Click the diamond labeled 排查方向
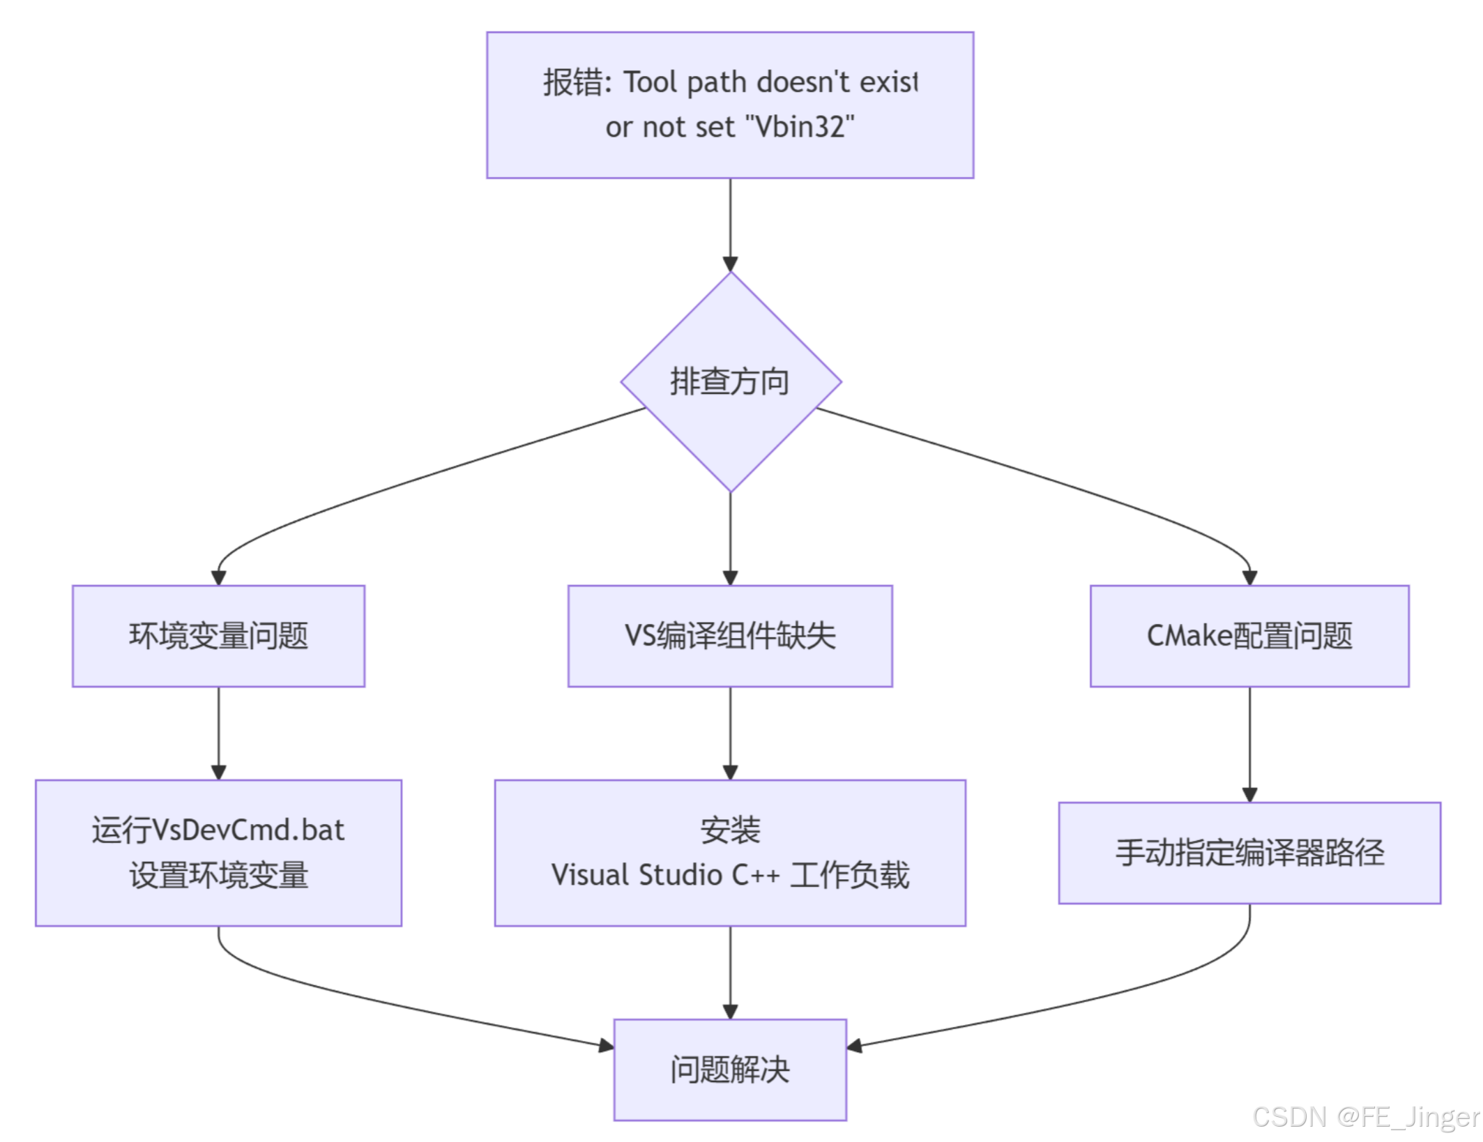(730, 382)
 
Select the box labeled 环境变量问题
(218, 636)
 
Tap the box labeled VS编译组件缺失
(730, 636)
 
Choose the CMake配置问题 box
(1249, 636)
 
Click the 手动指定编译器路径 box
(1249, 853)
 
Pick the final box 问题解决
(730, 1069)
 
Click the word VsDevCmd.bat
(248, 830)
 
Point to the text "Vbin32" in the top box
(800, 127)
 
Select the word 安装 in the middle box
(730, 830)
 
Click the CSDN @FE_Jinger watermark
(1364, 1117)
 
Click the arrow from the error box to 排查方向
(730, 223)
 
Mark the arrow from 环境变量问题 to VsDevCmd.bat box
(218, 732)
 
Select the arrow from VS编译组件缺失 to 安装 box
(730, 732)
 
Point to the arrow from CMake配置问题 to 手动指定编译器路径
(1249, 743)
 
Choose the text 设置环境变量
(218, 875)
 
